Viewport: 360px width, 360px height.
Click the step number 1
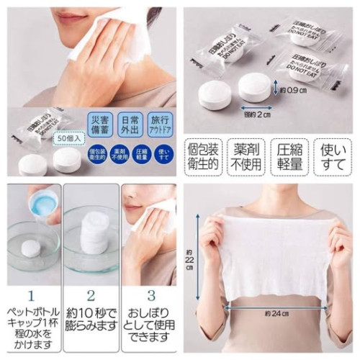point(30,295)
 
